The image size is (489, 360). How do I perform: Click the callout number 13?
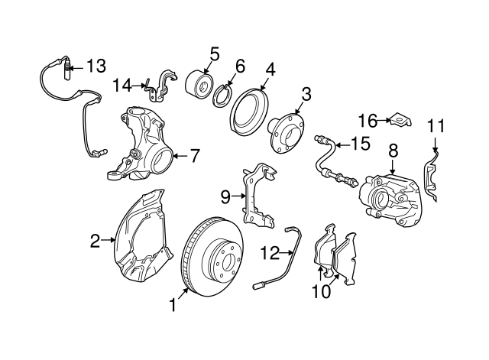96,66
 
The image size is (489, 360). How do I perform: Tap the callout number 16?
368,121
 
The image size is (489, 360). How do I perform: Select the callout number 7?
195,156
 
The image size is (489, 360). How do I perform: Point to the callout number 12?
270,253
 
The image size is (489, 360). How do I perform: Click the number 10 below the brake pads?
321,292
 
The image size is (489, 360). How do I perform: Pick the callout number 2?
95,241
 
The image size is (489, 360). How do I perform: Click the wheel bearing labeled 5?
199,83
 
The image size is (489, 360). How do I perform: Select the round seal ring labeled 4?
249,112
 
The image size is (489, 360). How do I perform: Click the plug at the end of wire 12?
258,285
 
